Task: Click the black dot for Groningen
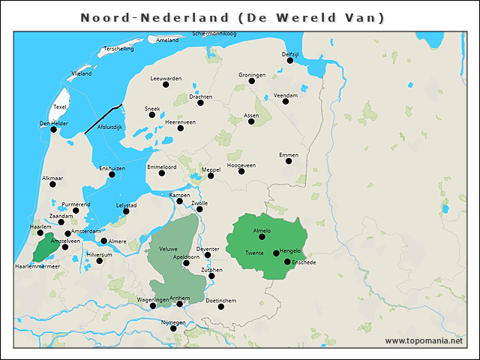tap(252, 81)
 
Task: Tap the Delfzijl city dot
tap(289, 61)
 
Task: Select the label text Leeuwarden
tap(166, 78)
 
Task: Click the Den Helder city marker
tap(53, 130)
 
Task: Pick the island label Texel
tap(60, 106)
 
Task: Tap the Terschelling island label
tap(118, 49)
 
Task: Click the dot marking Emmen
tap(289, 160)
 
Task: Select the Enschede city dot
tap(287, 262)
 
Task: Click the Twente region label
tap(254, 253)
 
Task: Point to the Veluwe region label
tap(168, 248)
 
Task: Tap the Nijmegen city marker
tap(173, 328)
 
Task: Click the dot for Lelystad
tap(126, 211)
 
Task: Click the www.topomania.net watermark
tap(423, 340)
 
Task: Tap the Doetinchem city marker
tap(220, 306)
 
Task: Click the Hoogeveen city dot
tap(241, 171)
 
